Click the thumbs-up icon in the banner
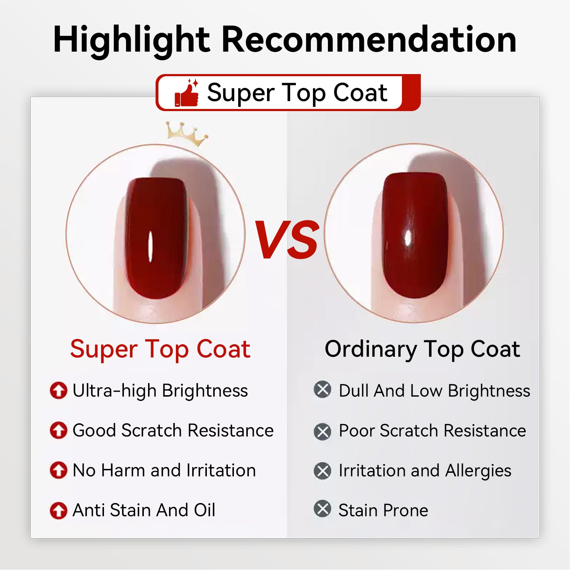pyautogui.click(x=187, y=93)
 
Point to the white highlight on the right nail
pyautogui.click(x=408, y=237)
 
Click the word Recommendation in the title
pyautogui.click(x=369, y=40)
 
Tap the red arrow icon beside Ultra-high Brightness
pyautogui.click(x=58, y=390)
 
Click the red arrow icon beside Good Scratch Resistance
pyautogui.click(x=58, y=430)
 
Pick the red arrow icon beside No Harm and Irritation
pyautogui.click(x=58, y=470)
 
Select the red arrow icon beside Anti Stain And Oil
pyautogui.click(x=58, y=510)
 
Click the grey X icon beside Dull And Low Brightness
pyautogui.click(x=323, y=389)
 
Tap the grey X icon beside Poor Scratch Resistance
pyautogui.click(x=323, y=432)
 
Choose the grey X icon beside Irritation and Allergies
pyautogui.click(x=323, y=471)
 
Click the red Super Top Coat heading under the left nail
pyautogui.click(x=160, y=350)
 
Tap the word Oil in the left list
pyautogui.click(x=204, y=510)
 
